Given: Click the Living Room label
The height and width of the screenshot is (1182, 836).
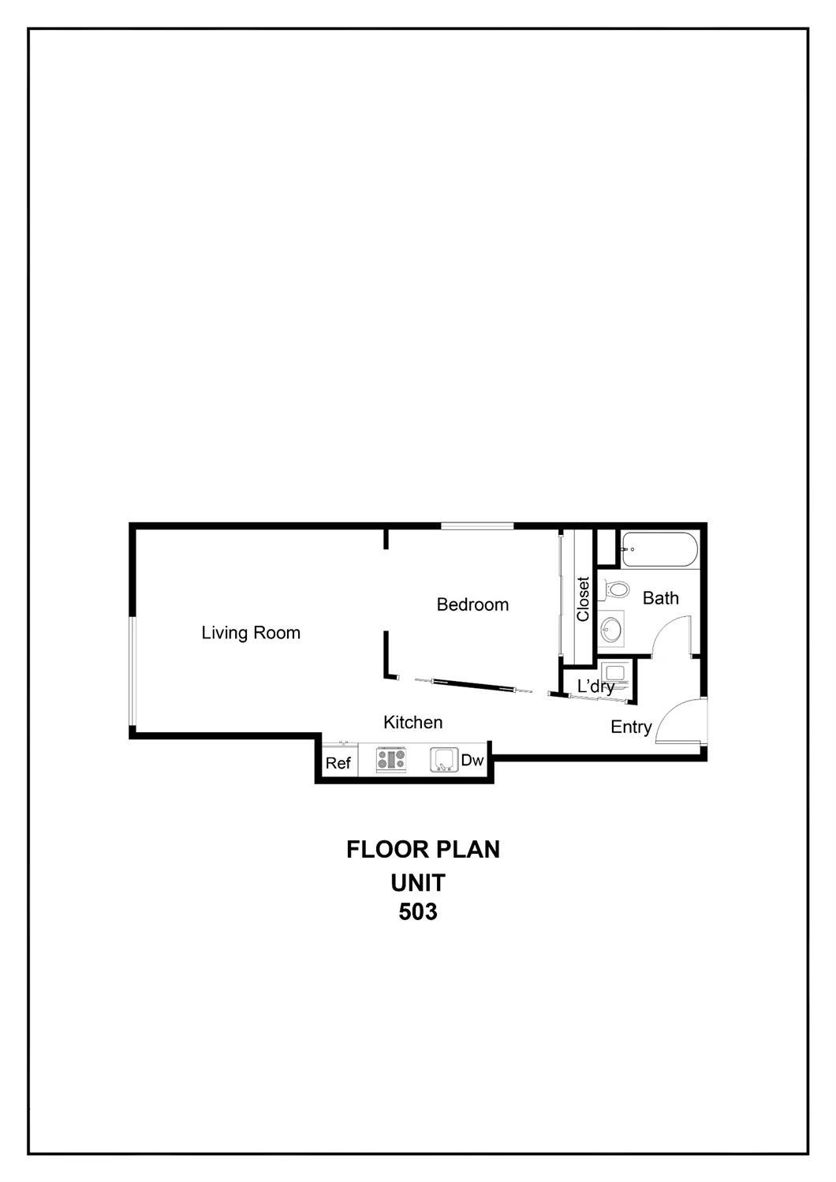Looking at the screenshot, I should (x=251, y=633).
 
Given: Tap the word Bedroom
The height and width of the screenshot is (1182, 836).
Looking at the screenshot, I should (x=472, y=604).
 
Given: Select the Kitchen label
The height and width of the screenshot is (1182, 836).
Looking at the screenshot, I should (x=412, y=722).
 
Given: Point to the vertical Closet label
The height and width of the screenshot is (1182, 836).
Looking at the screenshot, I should (x=583, y=599).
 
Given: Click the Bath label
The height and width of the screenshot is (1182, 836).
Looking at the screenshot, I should (x=660, y=598).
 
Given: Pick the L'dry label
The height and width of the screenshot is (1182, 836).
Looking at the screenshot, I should (x=595, y=686).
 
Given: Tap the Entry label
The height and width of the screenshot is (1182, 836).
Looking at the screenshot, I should (x=631, y=728).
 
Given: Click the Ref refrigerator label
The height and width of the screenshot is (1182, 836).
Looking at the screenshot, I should (x=338, y=763).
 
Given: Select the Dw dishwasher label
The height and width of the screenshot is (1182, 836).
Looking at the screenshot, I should (x=472, y=761).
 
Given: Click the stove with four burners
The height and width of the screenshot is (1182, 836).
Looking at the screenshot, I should (x=391, y=760).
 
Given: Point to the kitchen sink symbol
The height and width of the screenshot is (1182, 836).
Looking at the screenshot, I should (x=444, y=760).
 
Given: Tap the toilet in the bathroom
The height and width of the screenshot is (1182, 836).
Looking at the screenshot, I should (x=616, y=589).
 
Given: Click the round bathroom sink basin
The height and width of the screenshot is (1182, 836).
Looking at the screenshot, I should (x=610, y=629).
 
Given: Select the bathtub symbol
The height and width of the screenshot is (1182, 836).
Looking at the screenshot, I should (x=659, y=549).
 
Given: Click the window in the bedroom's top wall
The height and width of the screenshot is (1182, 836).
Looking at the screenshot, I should (x=477, y=526).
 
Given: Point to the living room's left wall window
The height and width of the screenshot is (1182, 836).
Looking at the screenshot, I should (x=133, y=671).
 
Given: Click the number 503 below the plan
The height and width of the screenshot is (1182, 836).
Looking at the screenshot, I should (x=418, y=912).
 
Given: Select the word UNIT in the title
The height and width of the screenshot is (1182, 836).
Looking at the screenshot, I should (x=418, y=881).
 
